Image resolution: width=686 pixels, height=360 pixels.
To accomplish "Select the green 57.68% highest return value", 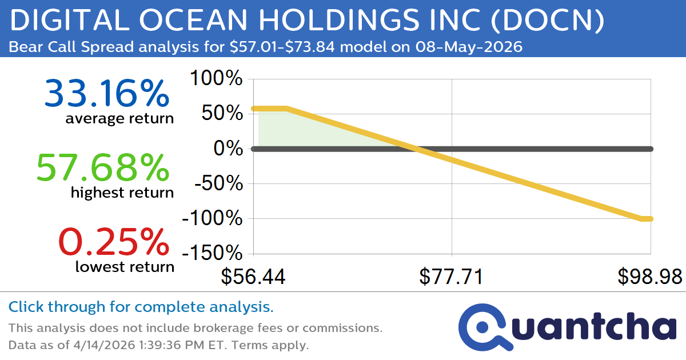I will (103, 168).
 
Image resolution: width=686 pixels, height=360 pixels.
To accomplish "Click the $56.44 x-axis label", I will (253, 277).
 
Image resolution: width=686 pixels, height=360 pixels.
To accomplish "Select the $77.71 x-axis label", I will (452, 277).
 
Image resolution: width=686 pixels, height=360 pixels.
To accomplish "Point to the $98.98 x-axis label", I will (649, 277).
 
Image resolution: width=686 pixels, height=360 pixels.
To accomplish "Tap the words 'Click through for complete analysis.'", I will (141, 307).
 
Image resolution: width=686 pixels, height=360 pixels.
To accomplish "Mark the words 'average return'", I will (119, 119).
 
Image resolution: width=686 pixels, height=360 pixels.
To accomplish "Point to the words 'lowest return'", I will (125, 266).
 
